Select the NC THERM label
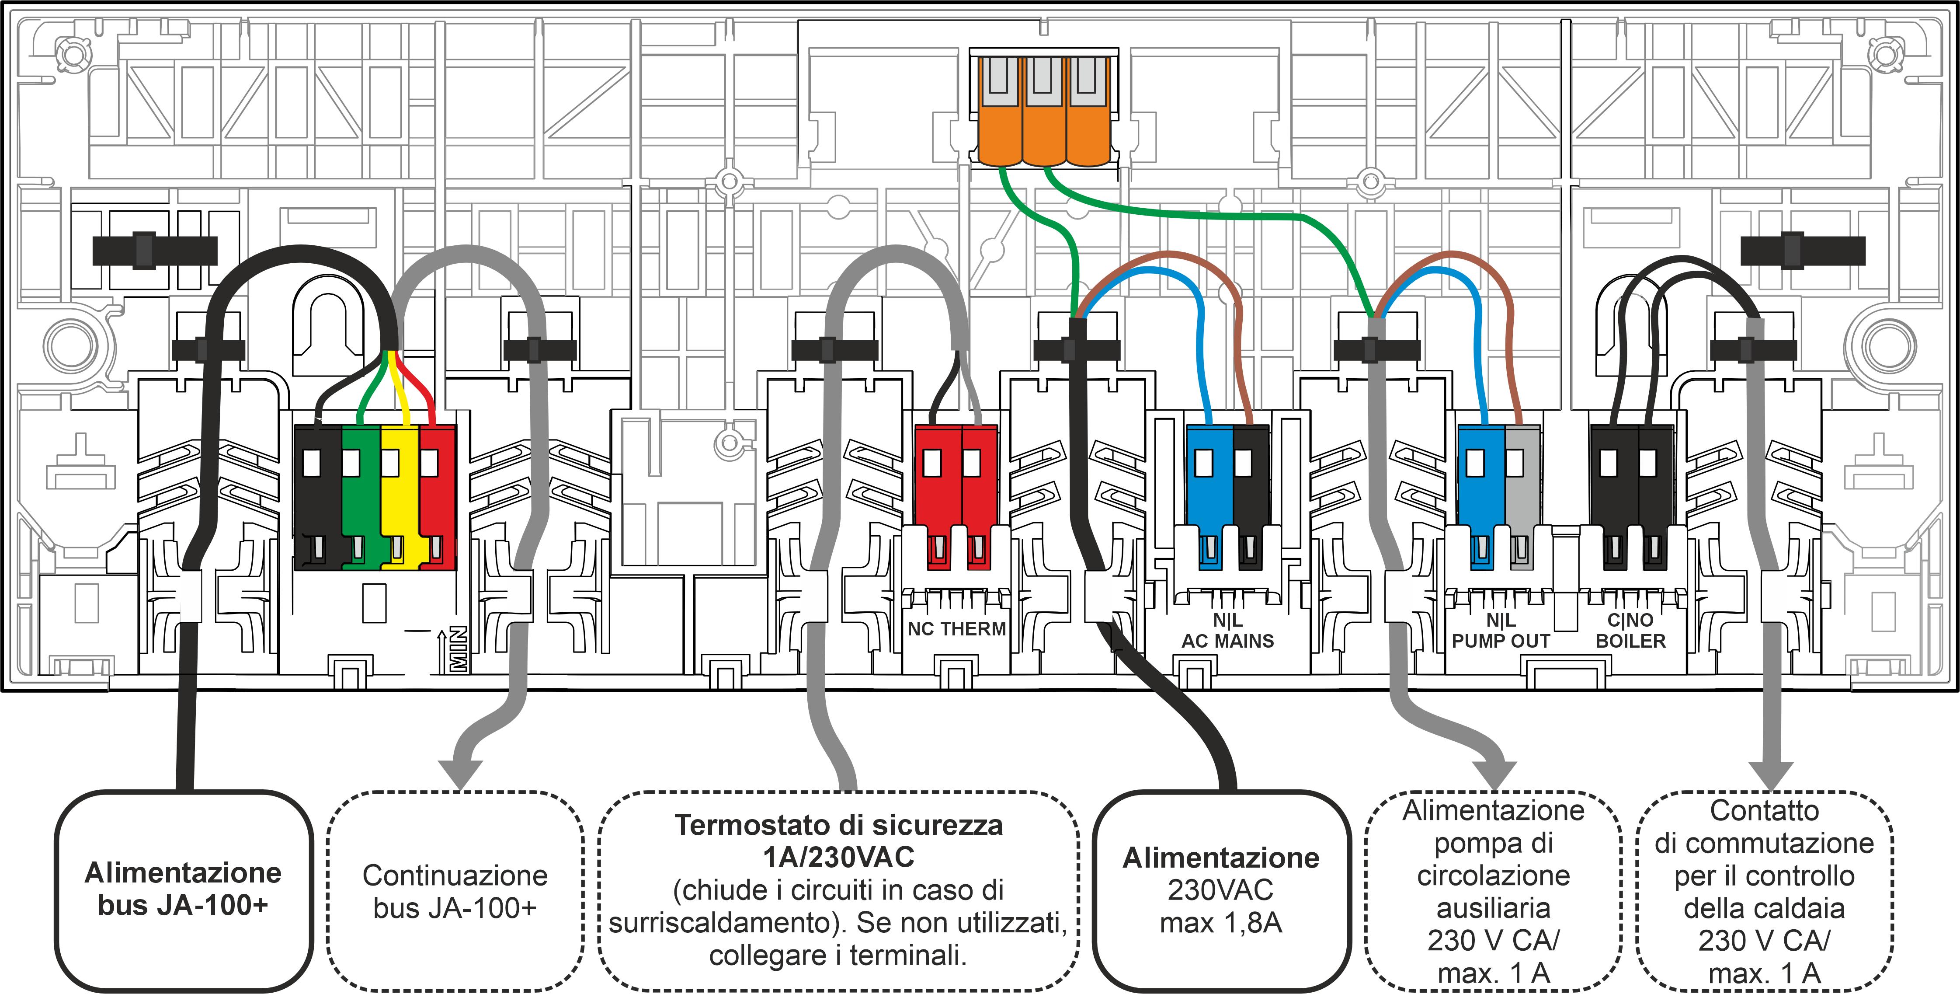pos(956,629)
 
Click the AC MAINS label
pos(1227,641)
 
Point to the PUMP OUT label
pos(1501,641)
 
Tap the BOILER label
pos(1630,641)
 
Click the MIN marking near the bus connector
pos(457,649)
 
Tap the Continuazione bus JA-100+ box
pos(455,890)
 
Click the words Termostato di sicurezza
pos(838,825)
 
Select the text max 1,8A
pos(1220,922)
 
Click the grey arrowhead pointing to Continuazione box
pos(460,773)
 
